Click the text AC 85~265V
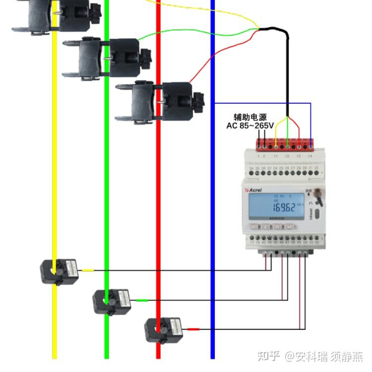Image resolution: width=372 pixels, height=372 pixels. [x=250, y=126]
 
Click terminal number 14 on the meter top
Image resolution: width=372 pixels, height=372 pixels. [x=310, y=156]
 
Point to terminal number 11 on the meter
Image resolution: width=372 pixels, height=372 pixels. [x=276, y=156]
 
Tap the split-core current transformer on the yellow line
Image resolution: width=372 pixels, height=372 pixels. [x=59, y=271]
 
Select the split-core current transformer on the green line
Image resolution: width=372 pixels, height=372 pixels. [x=112, y=301]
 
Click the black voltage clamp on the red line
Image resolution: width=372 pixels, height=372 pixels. [x=159, y=102]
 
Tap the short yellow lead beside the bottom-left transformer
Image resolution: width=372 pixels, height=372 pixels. [x=87, y=270]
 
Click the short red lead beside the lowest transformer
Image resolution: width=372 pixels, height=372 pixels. [x=193, y=329]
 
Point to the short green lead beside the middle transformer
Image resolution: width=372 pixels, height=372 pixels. [x=142, y=300]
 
